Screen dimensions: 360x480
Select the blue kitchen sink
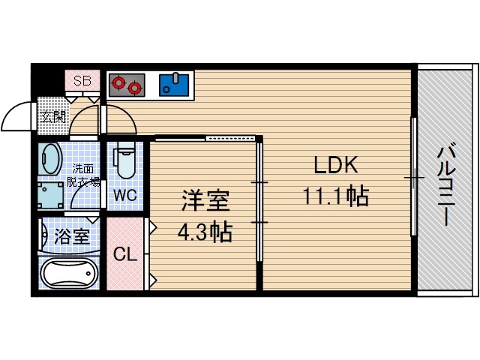click(x=176, y=84)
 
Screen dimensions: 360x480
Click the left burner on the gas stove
click(x=117, y=85)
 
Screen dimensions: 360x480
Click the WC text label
click(x=124, y=196)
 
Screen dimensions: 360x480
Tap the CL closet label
click(x=124, y=254)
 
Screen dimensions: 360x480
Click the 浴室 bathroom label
click(x=73, y=237)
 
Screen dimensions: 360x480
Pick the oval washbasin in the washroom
click(x=51, y=160)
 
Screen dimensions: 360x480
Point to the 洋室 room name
click(x=204, y=201)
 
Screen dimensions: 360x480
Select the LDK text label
click(x=335, y=165)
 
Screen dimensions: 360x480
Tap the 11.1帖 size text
click(x=335, y=196)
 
